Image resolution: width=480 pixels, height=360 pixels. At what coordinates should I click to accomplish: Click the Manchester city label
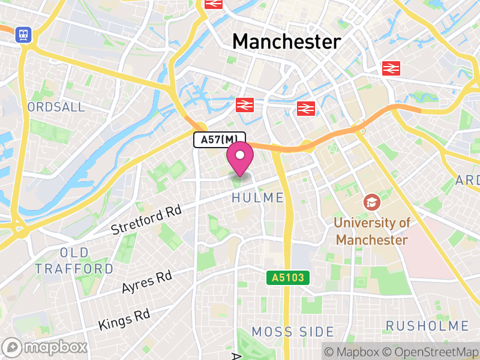click(x=286, y=41)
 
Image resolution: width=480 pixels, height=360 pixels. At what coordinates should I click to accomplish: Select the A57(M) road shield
click(x=220, y=140)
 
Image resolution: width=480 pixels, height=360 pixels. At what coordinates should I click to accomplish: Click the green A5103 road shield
click(x=289, y=278)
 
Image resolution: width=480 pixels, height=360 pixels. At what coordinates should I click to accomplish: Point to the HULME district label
click(x=257, y=198)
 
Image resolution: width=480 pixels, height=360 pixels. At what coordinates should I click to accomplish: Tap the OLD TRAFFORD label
click(x=74, y=260)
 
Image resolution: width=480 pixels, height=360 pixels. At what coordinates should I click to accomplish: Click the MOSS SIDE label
click(x=293, y=332)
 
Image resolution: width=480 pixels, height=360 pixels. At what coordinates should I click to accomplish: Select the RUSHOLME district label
click(x=427, y=326)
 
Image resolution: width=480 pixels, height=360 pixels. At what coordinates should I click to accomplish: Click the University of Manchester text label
click(x=372, y=231)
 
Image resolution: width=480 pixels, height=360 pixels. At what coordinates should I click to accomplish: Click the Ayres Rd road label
click(x=146, y=282)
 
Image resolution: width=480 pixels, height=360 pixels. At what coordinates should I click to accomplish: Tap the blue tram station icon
click(x=24, y=34)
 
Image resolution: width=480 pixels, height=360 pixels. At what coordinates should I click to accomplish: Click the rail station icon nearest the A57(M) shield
click(x=245, y=105)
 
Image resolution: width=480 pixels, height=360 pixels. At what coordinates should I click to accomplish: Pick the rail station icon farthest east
click(x=391, y=68)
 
